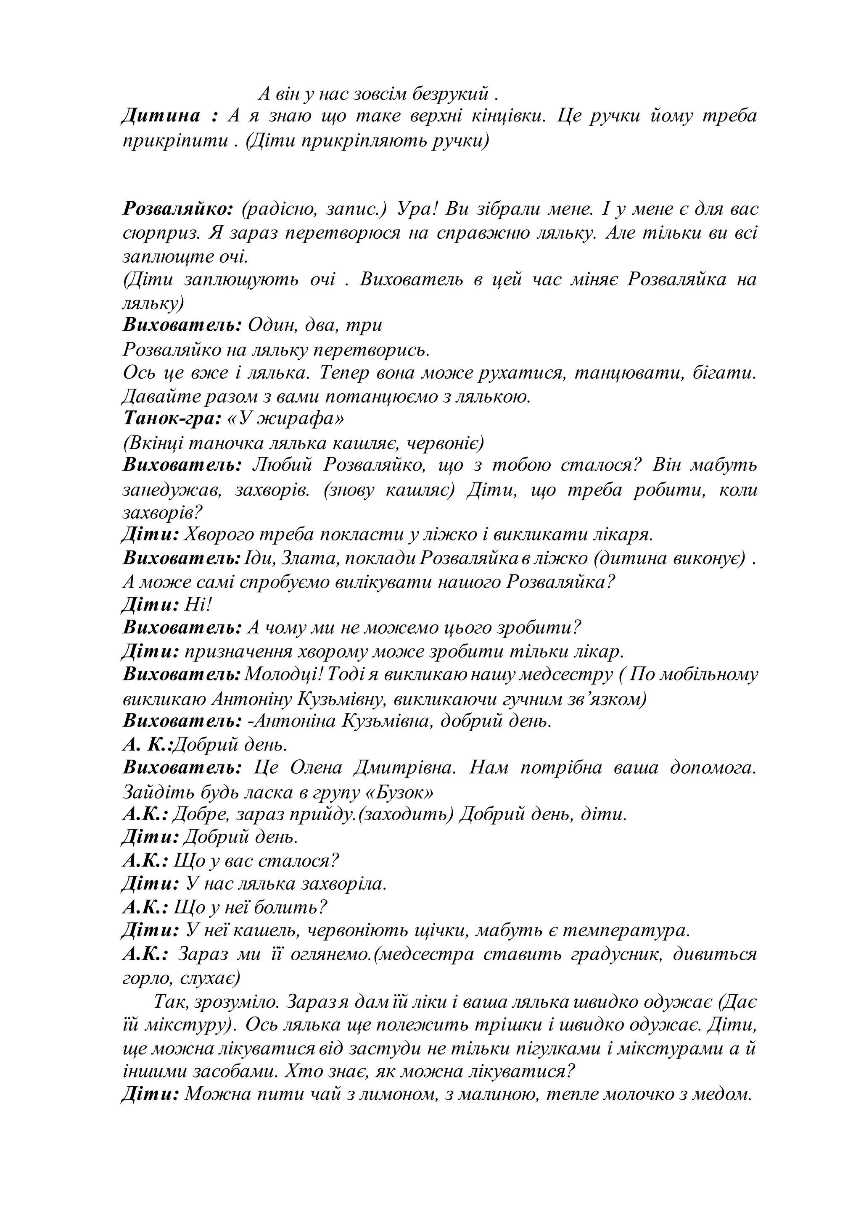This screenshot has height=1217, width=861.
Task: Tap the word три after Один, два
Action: click(x=364, y=325)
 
